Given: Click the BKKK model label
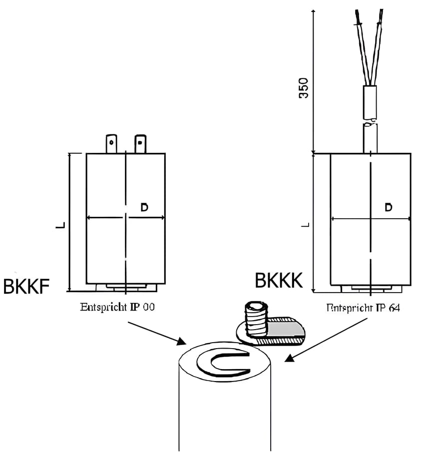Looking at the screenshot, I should pyautogui.click(x=279, y=281).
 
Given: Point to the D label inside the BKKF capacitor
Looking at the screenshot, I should pyautogui.click(x=144, y=207).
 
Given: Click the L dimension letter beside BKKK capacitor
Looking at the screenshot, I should pyautogui.click(x=306, y=224).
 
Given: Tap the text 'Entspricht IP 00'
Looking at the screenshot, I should pyautogui.click(x=117, y=307).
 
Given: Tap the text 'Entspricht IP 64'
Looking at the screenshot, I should pyautogui.click(x=363, y=308).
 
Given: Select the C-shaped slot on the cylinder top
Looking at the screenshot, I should pyautogui.click(x=222, y=363).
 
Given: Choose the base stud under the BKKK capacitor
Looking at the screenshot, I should pyautogui.click(x=371, y=288).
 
